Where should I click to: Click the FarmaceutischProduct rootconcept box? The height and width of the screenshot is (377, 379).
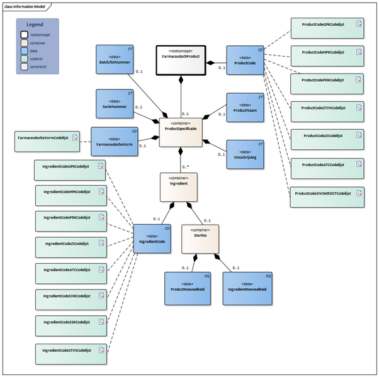[x=182, y=60]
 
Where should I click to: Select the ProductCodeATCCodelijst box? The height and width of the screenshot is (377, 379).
[x=327, y=164]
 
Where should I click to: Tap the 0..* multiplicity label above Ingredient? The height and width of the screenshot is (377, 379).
[x=186, y=167]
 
